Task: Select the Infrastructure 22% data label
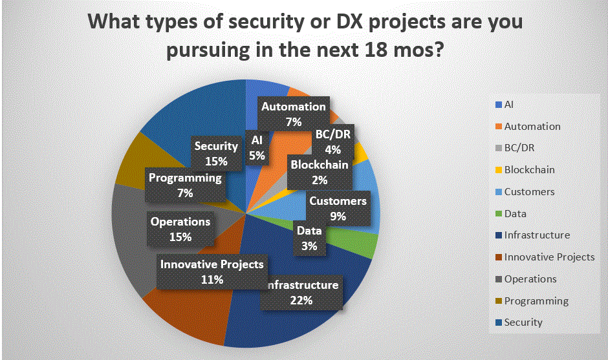coord(301,292)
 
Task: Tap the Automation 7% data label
coord(293,114)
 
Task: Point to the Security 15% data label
coord(217,154)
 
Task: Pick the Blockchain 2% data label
coord(319,173)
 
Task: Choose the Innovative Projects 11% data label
coord(212,271)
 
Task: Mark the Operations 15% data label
coord(180,229)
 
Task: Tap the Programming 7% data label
coord(184,185)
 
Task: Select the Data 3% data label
coord(309,237)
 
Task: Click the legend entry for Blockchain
coord(529,170)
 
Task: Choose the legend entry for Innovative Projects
coord(548,257)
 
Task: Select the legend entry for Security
coord(523,323)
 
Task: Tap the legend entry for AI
coord(508,104)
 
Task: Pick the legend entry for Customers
coord(529,192)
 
